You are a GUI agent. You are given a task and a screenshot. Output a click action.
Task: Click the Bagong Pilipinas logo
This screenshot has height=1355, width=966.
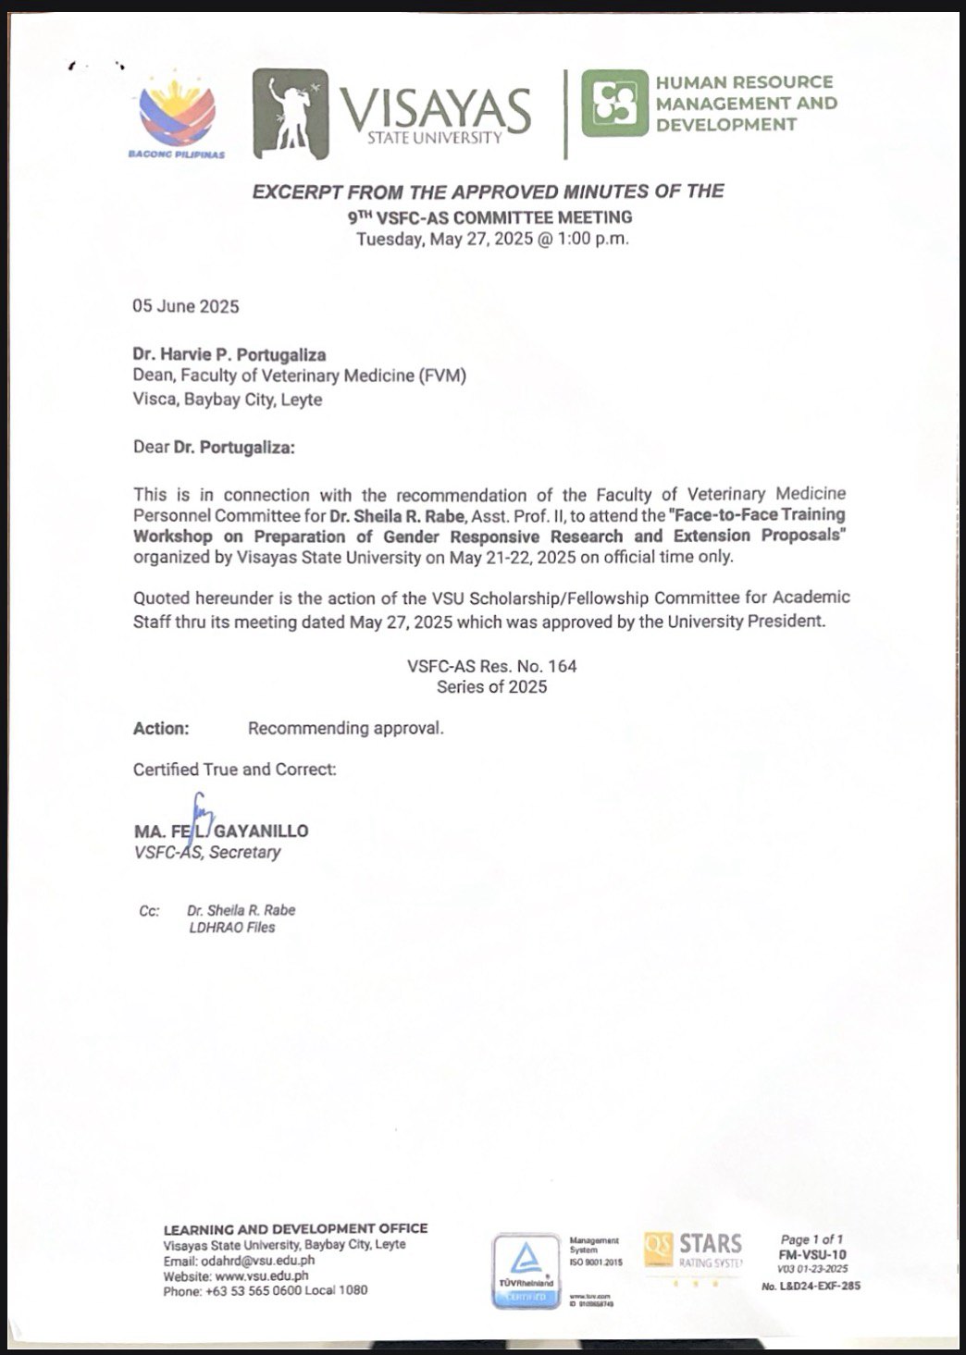click(x=177, y=117)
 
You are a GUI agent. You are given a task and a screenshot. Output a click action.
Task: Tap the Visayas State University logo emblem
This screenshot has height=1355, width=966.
click(x=291, y=114)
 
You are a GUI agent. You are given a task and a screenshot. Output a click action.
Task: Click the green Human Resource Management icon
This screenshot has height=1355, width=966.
click(x=614, y=103)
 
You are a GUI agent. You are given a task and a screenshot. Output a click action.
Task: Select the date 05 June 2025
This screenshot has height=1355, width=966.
click(x=186, y=307)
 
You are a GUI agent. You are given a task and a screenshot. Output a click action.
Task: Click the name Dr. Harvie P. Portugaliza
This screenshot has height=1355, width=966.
click(x=229, y=354)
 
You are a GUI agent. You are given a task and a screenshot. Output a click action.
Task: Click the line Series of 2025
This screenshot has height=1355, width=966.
click(x=492, y=687)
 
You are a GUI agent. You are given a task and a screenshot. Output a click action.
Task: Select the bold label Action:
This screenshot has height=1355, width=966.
click(x=161, y=729)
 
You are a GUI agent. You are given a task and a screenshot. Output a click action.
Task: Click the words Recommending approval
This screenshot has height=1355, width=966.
click(x=346, y=729)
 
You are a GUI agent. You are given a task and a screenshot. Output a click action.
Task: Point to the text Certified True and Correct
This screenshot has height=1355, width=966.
click(x=235, y=770)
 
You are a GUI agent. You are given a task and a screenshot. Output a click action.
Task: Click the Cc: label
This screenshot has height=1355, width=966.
click(x=149, y=911)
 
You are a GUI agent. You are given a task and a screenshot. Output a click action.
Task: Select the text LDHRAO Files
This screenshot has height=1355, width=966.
click(x=231, y=928)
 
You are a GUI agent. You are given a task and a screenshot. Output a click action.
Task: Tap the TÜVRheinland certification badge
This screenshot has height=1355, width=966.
click(x=526, y=1271)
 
